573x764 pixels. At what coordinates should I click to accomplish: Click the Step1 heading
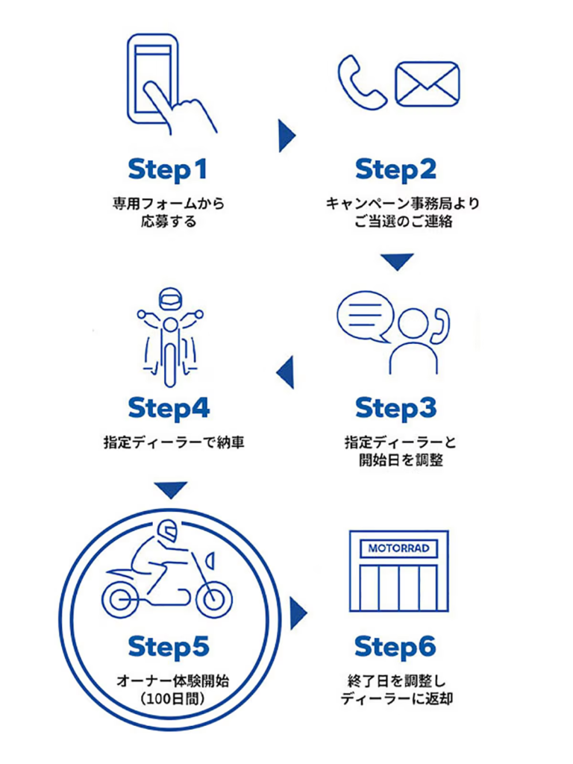(168, 169)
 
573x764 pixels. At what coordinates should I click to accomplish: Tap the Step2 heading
(395, 169)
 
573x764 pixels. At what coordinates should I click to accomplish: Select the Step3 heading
(395, 409)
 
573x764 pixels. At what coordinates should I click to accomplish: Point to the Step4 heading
(168, 409)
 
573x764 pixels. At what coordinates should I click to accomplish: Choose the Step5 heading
(168, 647)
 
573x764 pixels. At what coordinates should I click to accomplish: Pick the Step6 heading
(395, 647)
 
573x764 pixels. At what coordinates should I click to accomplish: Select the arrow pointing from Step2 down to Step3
(396, 262)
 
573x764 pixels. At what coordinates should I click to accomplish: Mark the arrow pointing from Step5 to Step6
(298, 612)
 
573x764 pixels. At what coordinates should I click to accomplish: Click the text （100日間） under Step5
(168, 699)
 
